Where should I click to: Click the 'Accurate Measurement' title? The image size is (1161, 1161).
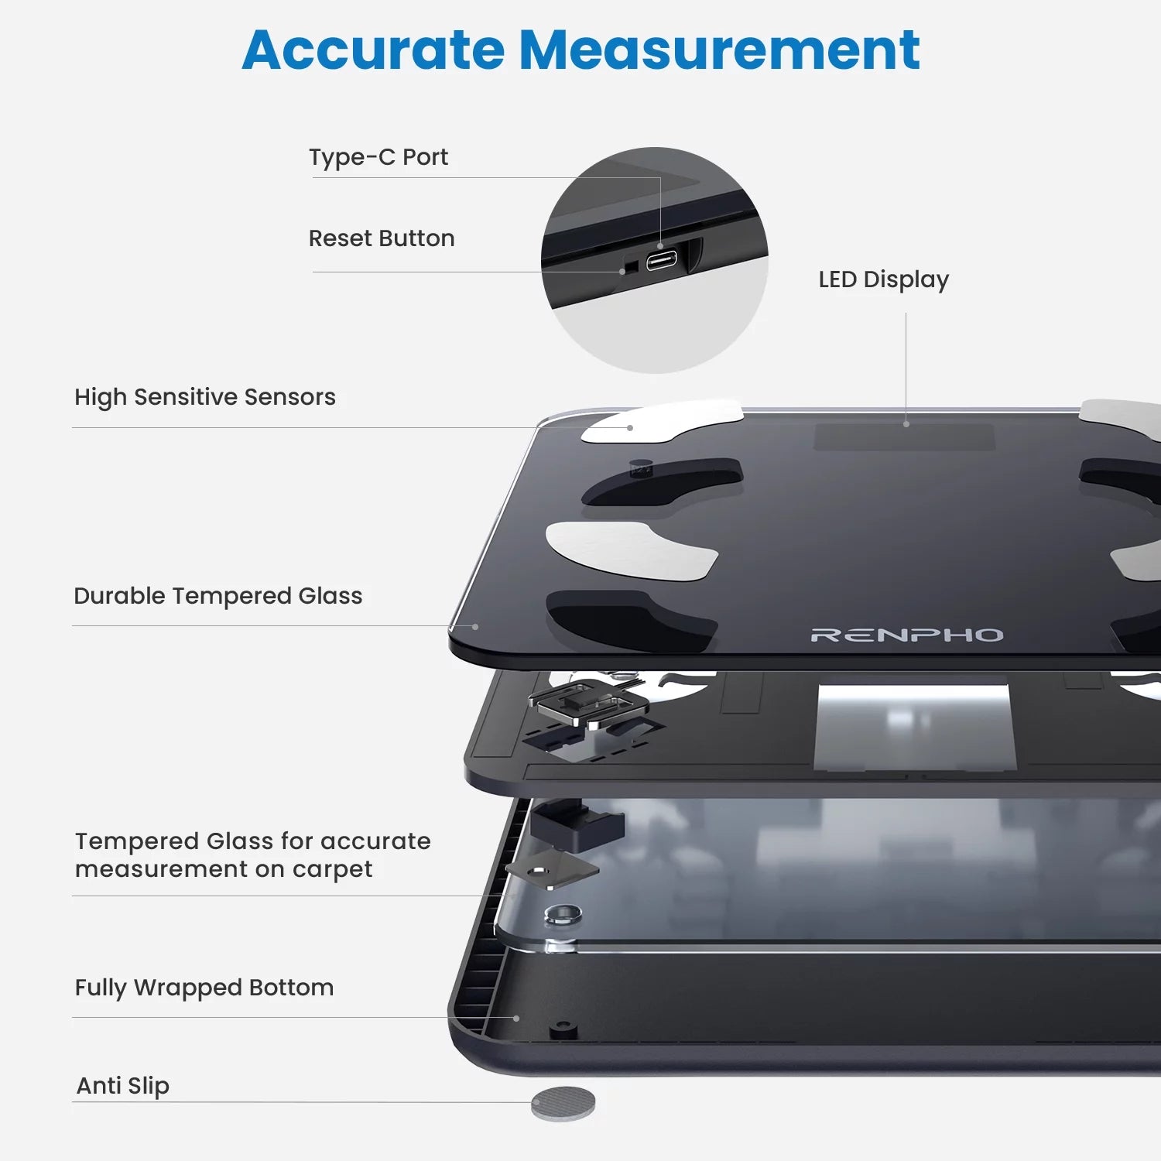[x=580, y=50]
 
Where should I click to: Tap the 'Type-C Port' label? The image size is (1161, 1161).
[x=378, y=157]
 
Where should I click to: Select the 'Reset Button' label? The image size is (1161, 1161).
[x=382, y=238]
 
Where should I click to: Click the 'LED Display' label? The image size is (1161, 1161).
[x=884, y=279]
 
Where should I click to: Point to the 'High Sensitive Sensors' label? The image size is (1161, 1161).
[x=205, y=397]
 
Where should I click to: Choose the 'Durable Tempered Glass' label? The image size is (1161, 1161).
[x=218, y=596]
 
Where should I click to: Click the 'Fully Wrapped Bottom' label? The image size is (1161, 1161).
[x=204, y=988]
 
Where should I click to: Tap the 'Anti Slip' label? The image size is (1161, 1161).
[x=122, y=1086]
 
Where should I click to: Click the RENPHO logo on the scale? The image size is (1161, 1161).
[x=907, y=635]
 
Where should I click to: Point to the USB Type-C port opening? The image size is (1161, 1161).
[x=662, y=259]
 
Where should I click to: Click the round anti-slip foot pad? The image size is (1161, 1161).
[x=563, y=1104]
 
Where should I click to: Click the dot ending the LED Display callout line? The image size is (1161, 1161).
[x=906, y=424]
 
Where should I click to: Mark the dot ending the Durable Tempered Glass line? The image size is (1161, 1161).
[x=475, y=627]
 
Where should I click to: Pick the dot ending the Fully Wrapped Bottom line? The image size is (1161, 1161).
[x=516, y=1019]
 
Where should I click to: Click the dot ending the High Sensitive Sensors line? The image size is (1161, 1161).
[x=630, y=428]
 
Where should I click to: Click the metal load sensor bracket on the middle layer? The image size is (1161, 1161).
[x=589, y=703]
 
